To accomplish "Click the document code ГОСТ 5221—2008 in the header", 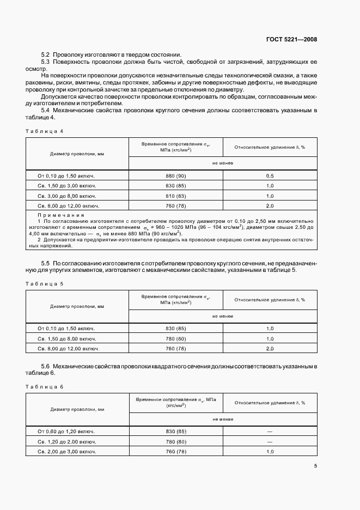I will click(291, 39).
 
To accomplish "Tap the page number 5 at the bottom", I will click(315, 466).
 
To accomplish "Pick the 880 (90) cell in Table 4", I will click(175, 176).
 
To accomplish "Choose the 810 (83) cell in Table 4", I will click(175, 196).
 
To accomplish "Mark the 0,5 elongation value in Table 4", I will click(270, 176).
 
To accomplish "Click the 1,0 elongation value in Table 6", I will click(270, 452).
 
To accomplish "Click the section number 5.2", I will click(46, 54).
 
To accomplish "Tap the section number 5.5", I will click(46, 263).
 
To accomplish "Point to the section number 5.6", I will click(46, 366).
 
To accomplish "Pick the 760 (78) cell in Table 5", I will click(175, 348).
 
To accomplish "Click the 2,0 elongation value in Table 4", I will click(270, 206).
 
